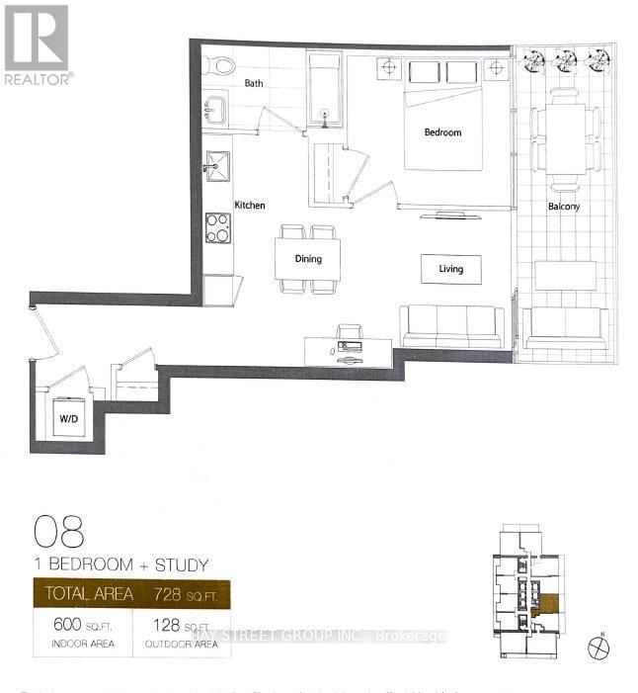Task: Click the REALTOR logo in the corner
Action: pyautogui.click(x=37, y=43)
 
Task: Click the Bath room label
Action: pyautogui.click(x=254, y=84)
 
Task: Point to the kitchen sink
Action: pyautogui.click(x=216, y=163)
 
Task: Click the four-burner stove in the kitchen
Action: pyautogui.click(x=217, y=227)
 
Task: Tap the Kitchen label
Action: pyautogui.click(x=249, y=206)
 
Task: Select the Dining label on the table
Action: pyautogui.click(x=308, y=259)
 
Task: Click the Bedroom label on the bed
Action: pyautogui.click(x=442, y=132)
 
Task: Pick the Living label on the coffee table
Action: pyautogui.click(x=451, y=268)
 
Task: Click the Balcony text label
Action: pyautogui.click(x=564, y=207)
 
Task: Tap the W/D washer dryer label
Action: pyautogui.click(x=68, y=417)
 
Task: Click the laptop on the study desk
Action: pyautogui.click(x=349, y=347)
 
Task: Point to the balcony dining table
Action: pyautogui.click(x=565, y=138)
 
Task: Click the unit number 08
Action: pyautogui.click(x=59, y=532)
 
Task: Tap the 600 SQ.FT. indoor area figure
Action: pyautogui.click(x=74, y=626)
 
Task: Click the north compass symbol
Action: pyautogui.click(x=598, y=648)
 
